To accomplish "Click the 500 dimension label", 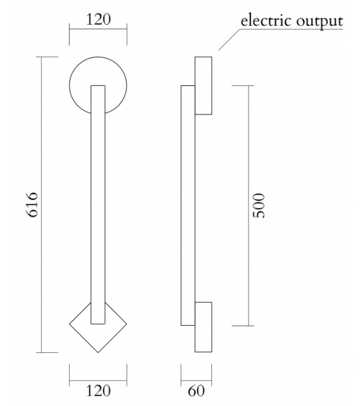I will pos(258,206).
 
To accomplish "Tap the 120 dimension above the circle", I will pos(98,18).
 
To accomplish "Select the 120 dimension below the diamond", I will pos(98,390).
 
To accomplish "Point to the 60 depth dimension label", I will pos(197,391).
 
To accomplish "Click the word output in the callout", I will pos(321,21).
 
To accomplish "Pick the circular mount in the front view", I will pos(79,85).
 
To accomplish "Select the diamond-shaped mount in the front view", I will pos(81,332).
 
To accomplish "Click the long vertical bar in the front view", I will pos(98,202).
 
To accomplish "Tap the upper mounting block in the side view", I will pos(203,85).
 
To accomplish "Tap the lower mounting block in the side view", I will pos(203,327).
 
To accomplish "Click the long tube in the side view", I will pos(187,206).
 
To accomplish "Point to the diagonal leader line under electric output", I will pos(229,39).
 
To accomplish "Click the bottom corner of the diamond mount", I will pos(98,352).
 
